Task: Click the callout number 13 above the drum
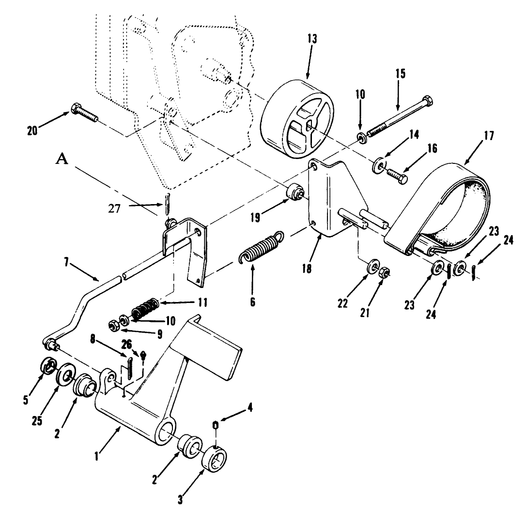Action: point(312,39)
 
